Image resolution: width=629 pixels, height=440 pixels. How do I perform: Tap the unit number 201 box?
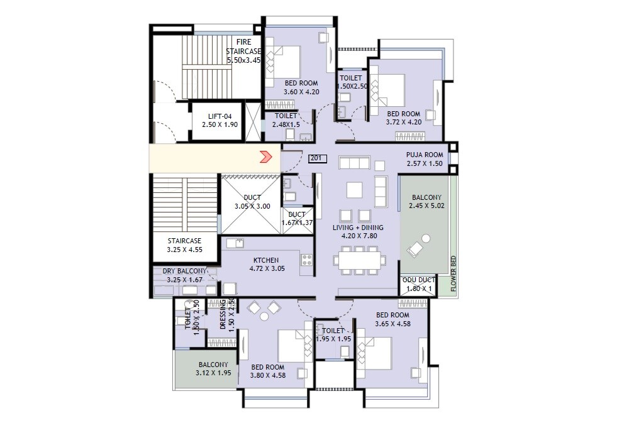[318, 159]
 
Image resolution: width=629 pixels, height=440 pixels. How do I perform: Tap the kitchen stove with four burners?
[307, 258]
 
